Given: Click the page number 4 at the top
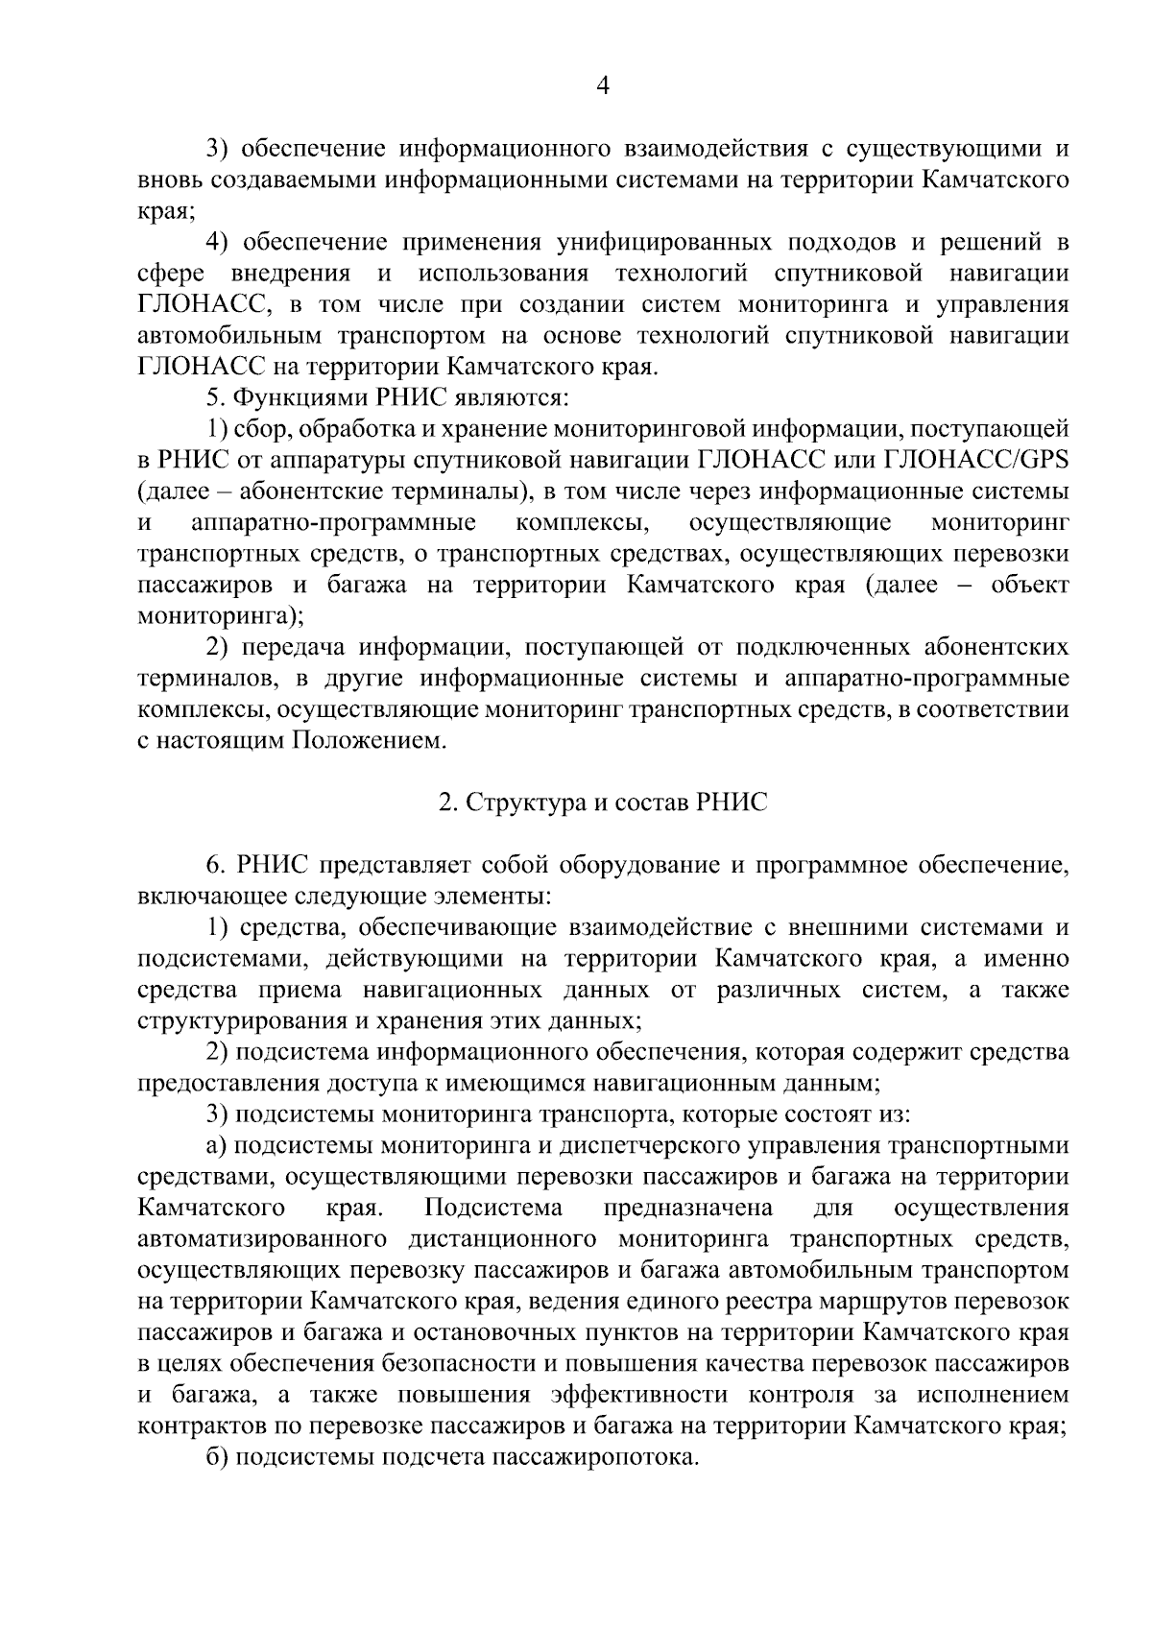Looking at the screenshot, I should click(602, 86).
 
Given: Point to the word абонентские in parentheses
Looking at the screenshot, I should click(322, 491).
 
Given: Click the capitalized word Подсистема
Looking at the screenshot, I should click(493, 1208).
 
